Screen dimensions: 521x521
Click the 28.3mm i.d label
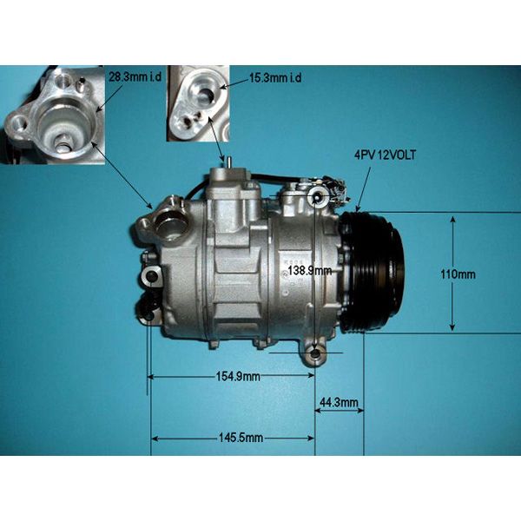point(135,77)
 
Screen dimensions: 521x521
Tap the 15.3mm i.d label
point(275,78)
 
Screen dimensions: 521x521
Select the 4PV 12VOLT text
point(385,155)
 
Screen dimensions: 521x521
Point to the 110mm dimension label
point(458,274)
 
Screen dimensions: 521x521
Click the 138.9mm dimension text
point(310,270)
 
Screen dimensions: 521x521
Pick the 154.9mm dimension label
point(238,377)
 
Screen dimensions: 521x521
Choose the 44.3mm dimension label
point(339,402)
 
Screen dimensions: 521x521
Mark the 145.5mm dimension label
point(241,438)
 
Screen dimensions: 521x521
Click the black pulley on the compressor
point(373,272)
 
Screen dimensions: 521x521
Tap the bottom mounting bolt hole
point(314,355)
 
